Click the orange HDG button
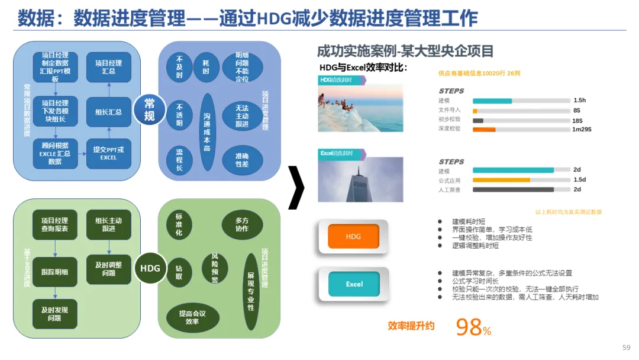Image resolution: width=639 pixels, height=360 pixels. (353, 237)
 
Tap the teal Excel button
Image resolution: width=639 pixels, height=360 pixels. (354, 284)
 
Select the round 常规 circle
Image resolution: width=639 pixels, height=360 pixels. (149, 110)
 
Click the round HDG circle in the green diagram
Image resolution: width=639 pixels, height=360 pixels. (150, 268)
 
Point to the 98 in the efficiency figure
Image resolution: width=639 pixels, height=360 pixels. (469, 327)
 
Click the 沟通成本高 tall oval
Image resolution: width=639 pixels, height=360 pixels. (206, 131)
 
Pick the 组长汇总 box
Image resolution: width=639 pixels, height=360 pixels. (108, 112)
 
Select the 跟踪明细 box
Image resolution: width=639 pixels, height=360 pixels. (54, 272)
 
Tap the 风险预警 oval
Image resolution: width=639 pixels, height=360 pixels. (215, 268)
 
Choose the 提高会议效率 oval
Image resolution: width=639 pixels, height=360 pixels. (192, 317)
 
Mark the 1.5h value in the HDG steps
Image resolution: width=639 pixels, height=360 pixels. (579, 101)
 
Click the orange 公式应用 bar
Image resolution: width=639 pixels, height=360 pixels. (501, 180)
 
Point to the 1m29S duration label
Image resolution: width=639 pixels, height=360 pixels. (582, 129)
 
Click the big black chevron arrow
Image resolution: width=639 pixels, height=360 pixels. (296, 188)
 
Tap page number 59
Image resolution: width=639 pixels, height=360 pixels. (627, 348)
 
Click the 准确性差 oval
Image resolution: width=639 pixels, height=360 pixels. (242, 159)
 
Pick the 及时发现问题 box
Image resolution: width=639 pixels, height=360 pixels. (54, 314)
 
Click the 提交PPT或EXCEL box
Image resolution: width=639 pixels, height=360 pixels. (108, 154)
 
